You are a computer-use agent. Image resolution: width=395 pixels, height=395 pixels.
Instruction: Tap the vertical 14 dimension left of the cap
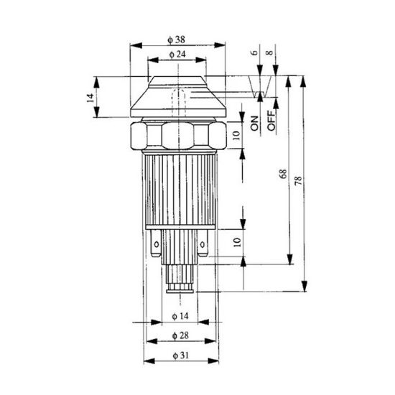coord(90,97)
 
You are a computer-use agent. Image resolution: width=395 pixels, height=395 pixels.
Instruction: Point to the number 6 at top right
coord(254,52)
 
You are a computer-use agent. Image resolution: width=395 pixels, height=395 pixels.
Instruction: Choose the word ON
coord(254,123)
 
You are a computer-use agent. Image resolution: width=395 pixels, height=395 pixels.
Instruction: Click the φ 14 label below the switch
coord(180,317)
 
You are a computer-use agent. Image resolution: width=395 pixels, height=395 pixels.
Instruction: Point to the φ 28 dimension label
coord(180,336)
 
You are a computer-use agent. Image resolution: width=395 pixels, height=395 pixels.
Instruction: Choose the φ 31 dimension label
coord(180,355)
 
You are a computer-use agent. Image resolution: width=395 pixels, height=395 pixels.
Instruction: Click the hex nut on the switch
coord(176,135)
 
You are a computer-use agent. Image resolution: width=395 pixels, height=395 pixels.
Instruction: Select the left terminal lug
coord(156,248)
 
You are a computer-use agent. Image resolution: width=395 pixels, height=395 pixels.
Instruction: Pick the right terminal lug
coord(204,248)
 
